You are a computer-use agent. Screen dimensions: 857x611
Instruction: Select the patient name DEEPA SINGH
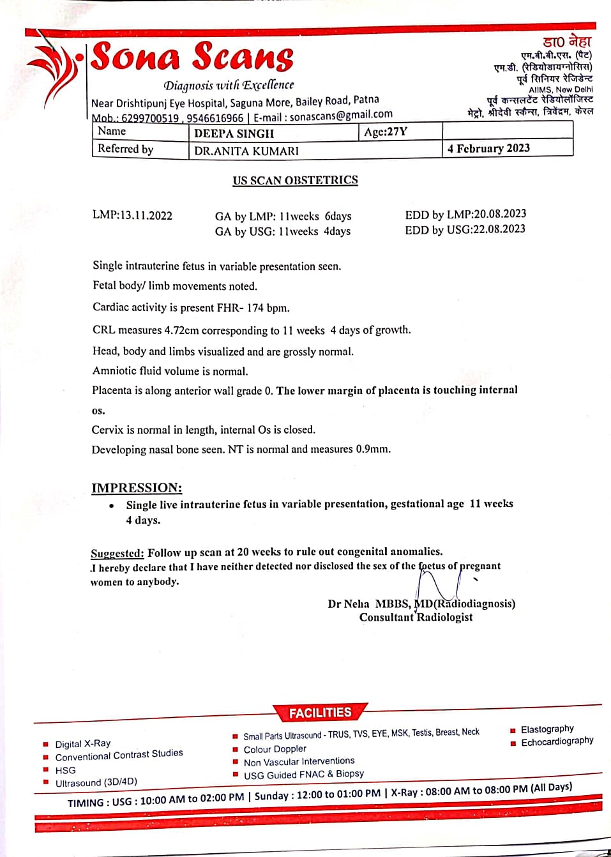234,133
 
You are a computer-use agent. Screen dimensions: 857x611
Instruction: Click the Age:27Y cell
386,132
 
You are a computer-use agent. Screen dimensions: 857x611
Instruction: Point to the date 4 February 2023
488,148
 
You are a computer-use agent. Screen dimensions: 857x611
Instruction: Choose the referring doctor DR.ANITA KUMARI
246,151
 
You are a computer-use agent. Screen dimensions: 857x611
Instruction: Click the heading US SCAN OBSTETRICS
295,180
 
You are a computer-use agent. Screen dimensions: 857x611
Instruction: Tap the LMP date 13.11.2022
146,215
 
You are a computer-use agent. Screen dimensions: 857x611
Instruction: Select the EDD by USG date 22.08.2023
499,229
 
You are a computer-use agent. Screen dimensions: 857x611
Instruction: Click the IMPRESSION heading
137,488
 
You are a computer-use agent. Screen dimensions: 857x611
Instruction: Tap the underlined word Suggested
117,553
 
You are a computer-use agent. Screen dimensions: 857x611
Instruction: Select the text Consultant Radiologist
416,618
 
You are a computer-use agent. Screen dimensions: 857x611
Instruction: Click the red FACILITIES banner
320,713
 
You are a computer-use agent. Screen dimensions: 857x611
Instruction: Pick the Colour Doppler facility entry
275,749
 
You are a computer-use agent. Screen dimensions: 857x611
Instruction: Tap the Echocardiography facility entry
557,741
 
